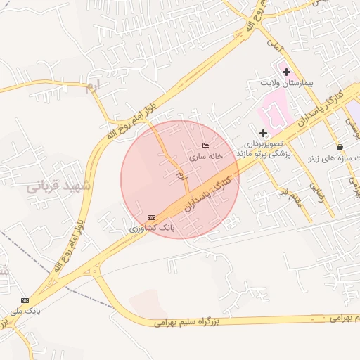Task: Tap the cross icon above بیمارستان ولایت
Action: (x=287, y=72)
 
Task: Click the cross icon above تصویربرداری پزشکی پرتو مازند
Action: (x=264, y=133)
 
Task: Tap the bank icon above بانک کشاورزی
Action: (x=151, y=217)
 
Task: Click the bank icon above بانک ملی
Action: (x=25, y=300)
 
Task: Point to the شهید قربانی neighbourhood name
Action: (x=59, y=186)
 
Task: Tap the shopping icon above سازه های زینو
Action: (x=340, y=148)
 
